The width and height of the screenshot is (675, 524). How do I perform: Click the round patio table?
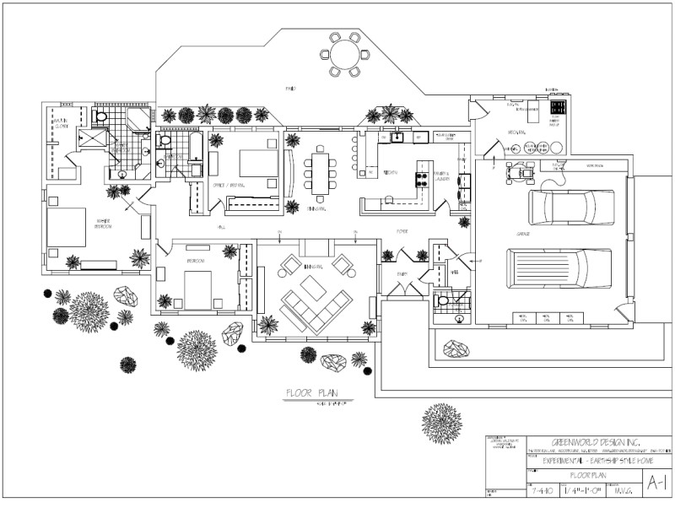point(344,55)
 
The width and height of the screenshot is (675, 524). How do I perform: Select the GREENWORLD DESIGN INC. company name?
point(584,442)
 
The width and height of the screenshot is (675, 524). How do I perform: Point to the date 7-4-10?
point(541,493)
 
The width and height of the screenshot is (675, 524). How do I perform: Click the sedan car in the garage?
point(571,205)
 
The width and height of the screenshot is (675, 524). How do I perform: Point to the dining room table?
point(321,170)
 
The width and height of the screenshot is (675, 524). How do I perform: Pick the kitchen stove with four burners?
point(420,178)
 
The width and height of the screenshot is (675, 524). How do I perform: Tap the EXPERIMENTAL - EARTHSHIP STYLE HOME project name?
point(584,462)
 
